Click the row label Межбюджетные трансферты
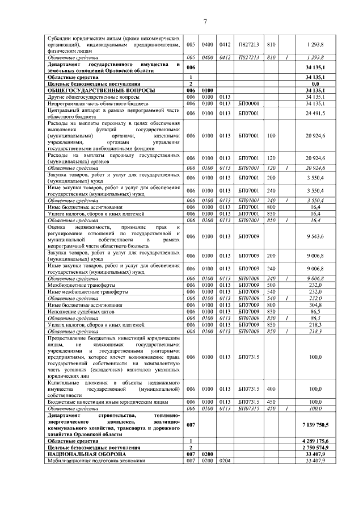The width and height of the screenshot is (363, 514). pos(76,285)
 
